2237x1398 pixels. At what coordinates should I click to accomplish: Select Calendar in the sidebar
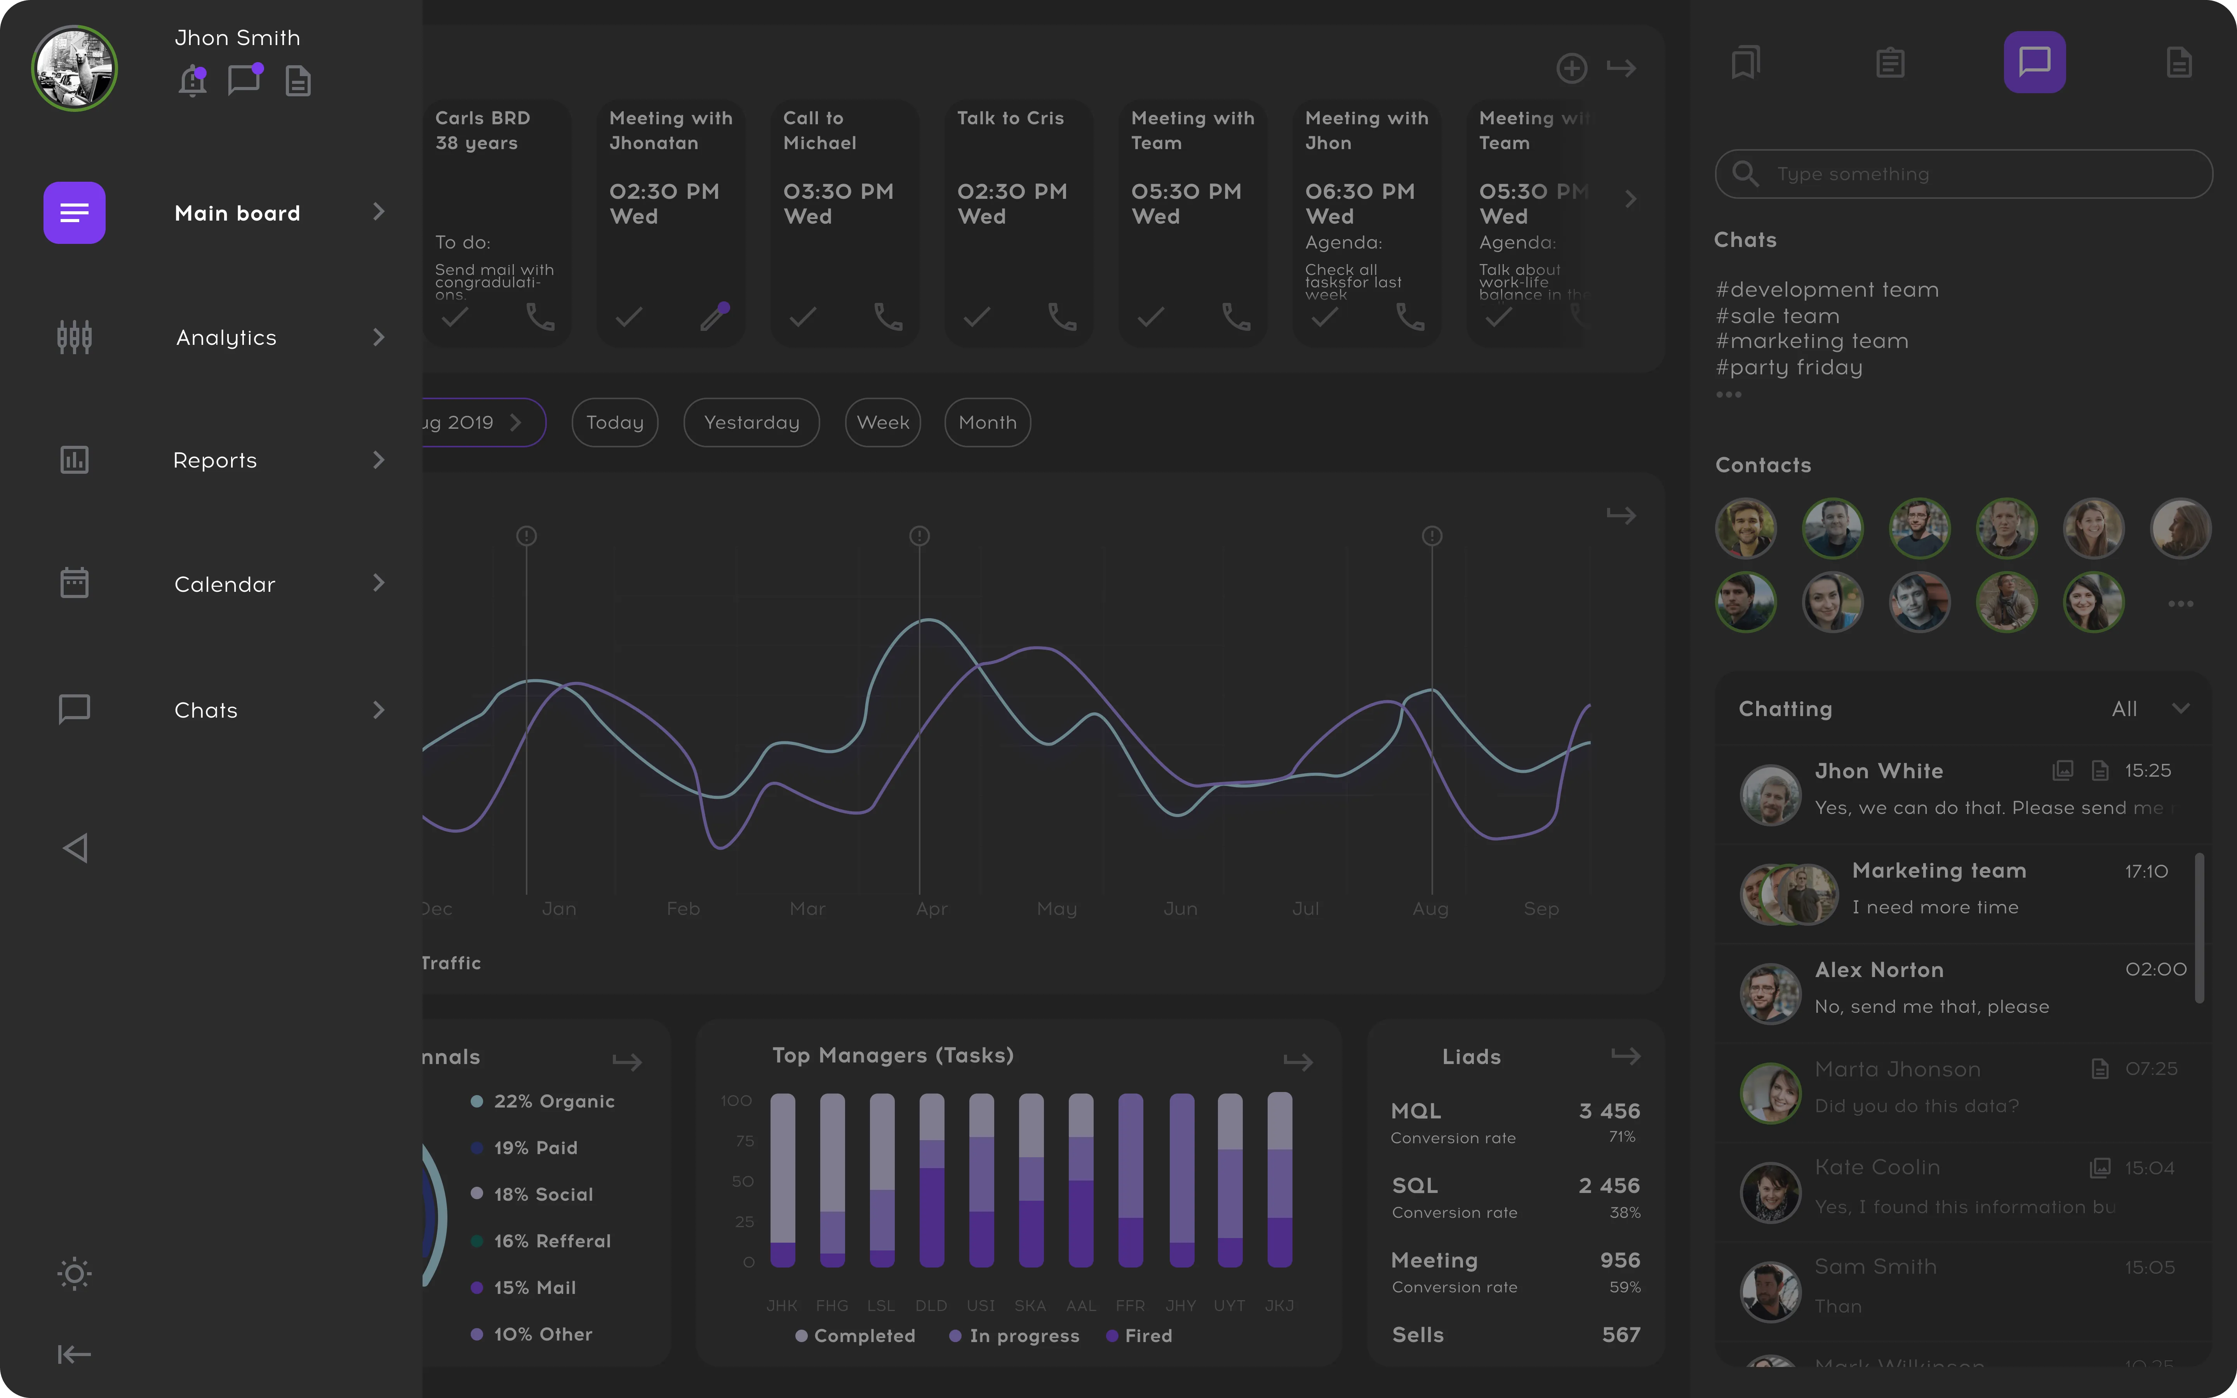pyautogui.click(x=224, y=584)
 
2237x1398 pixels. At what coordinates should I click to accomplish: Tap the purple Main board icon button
pyautogui.click(x=74, y=213)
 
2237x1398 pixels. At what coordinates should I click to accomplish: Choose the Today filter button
pyautogui.click(x=615, y=423)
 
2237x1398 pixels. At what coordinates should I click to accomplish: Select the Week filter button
pyautogui.click(x=883, y=423)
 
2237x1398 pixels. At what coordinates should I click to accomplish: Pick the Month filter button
pyautogui.click(x=987, y=423)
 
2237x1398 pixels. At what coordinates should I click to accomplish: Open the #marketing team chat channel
pyautogui.click(x=1812, y=341)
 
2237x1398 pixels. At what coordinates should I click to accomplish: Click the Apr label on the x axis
pyautogui.click(x=932, y=909)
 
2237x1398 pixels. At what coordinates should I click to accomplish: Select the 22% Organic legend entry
pyautogui.click(x=553, y=1101)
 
